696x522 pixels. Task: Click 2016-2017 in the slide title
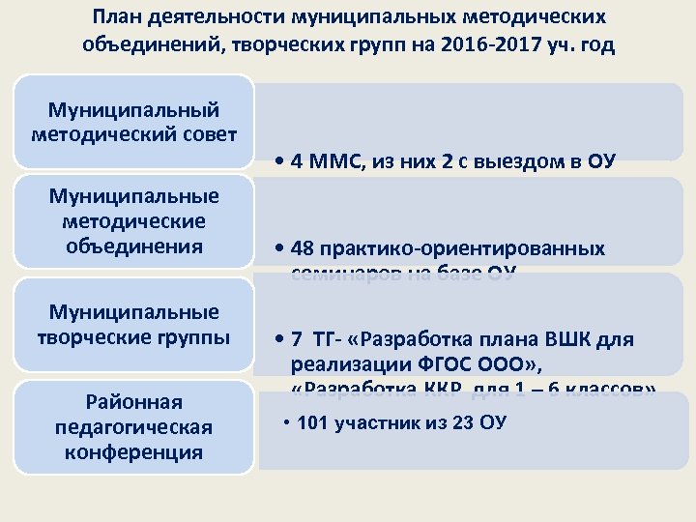click(475, 45)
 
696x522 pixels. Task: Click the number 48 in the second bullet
click(300, 248)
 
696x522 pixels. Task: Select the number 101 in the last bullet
click(314, 423)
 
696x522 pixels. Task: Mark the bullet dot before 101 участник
click(287, 424)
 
